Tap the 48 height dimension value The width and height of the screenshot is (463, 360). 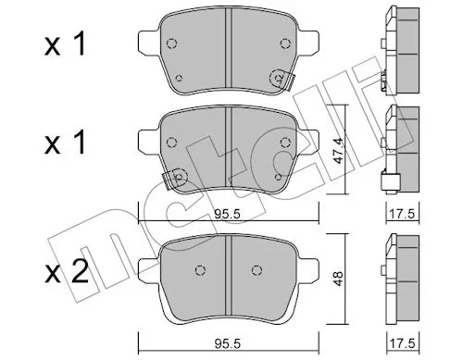point(339,279)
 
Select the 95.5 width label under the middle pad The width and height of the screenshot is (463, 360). point(228,214)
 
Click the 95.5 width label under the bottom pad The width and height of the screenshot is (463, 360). point(228,343)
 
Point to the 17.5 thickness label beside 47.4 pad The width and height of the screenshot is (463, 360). point(402,214)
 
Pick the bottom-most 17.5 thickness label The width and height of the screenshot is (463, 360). point(402,343)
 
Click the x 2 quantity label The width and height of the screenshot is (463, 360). point(67,271)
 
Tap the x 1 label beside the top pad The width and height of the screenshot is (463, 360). point(65,44)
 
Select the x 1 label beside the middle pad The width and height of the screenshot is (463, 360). point(65,142)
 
